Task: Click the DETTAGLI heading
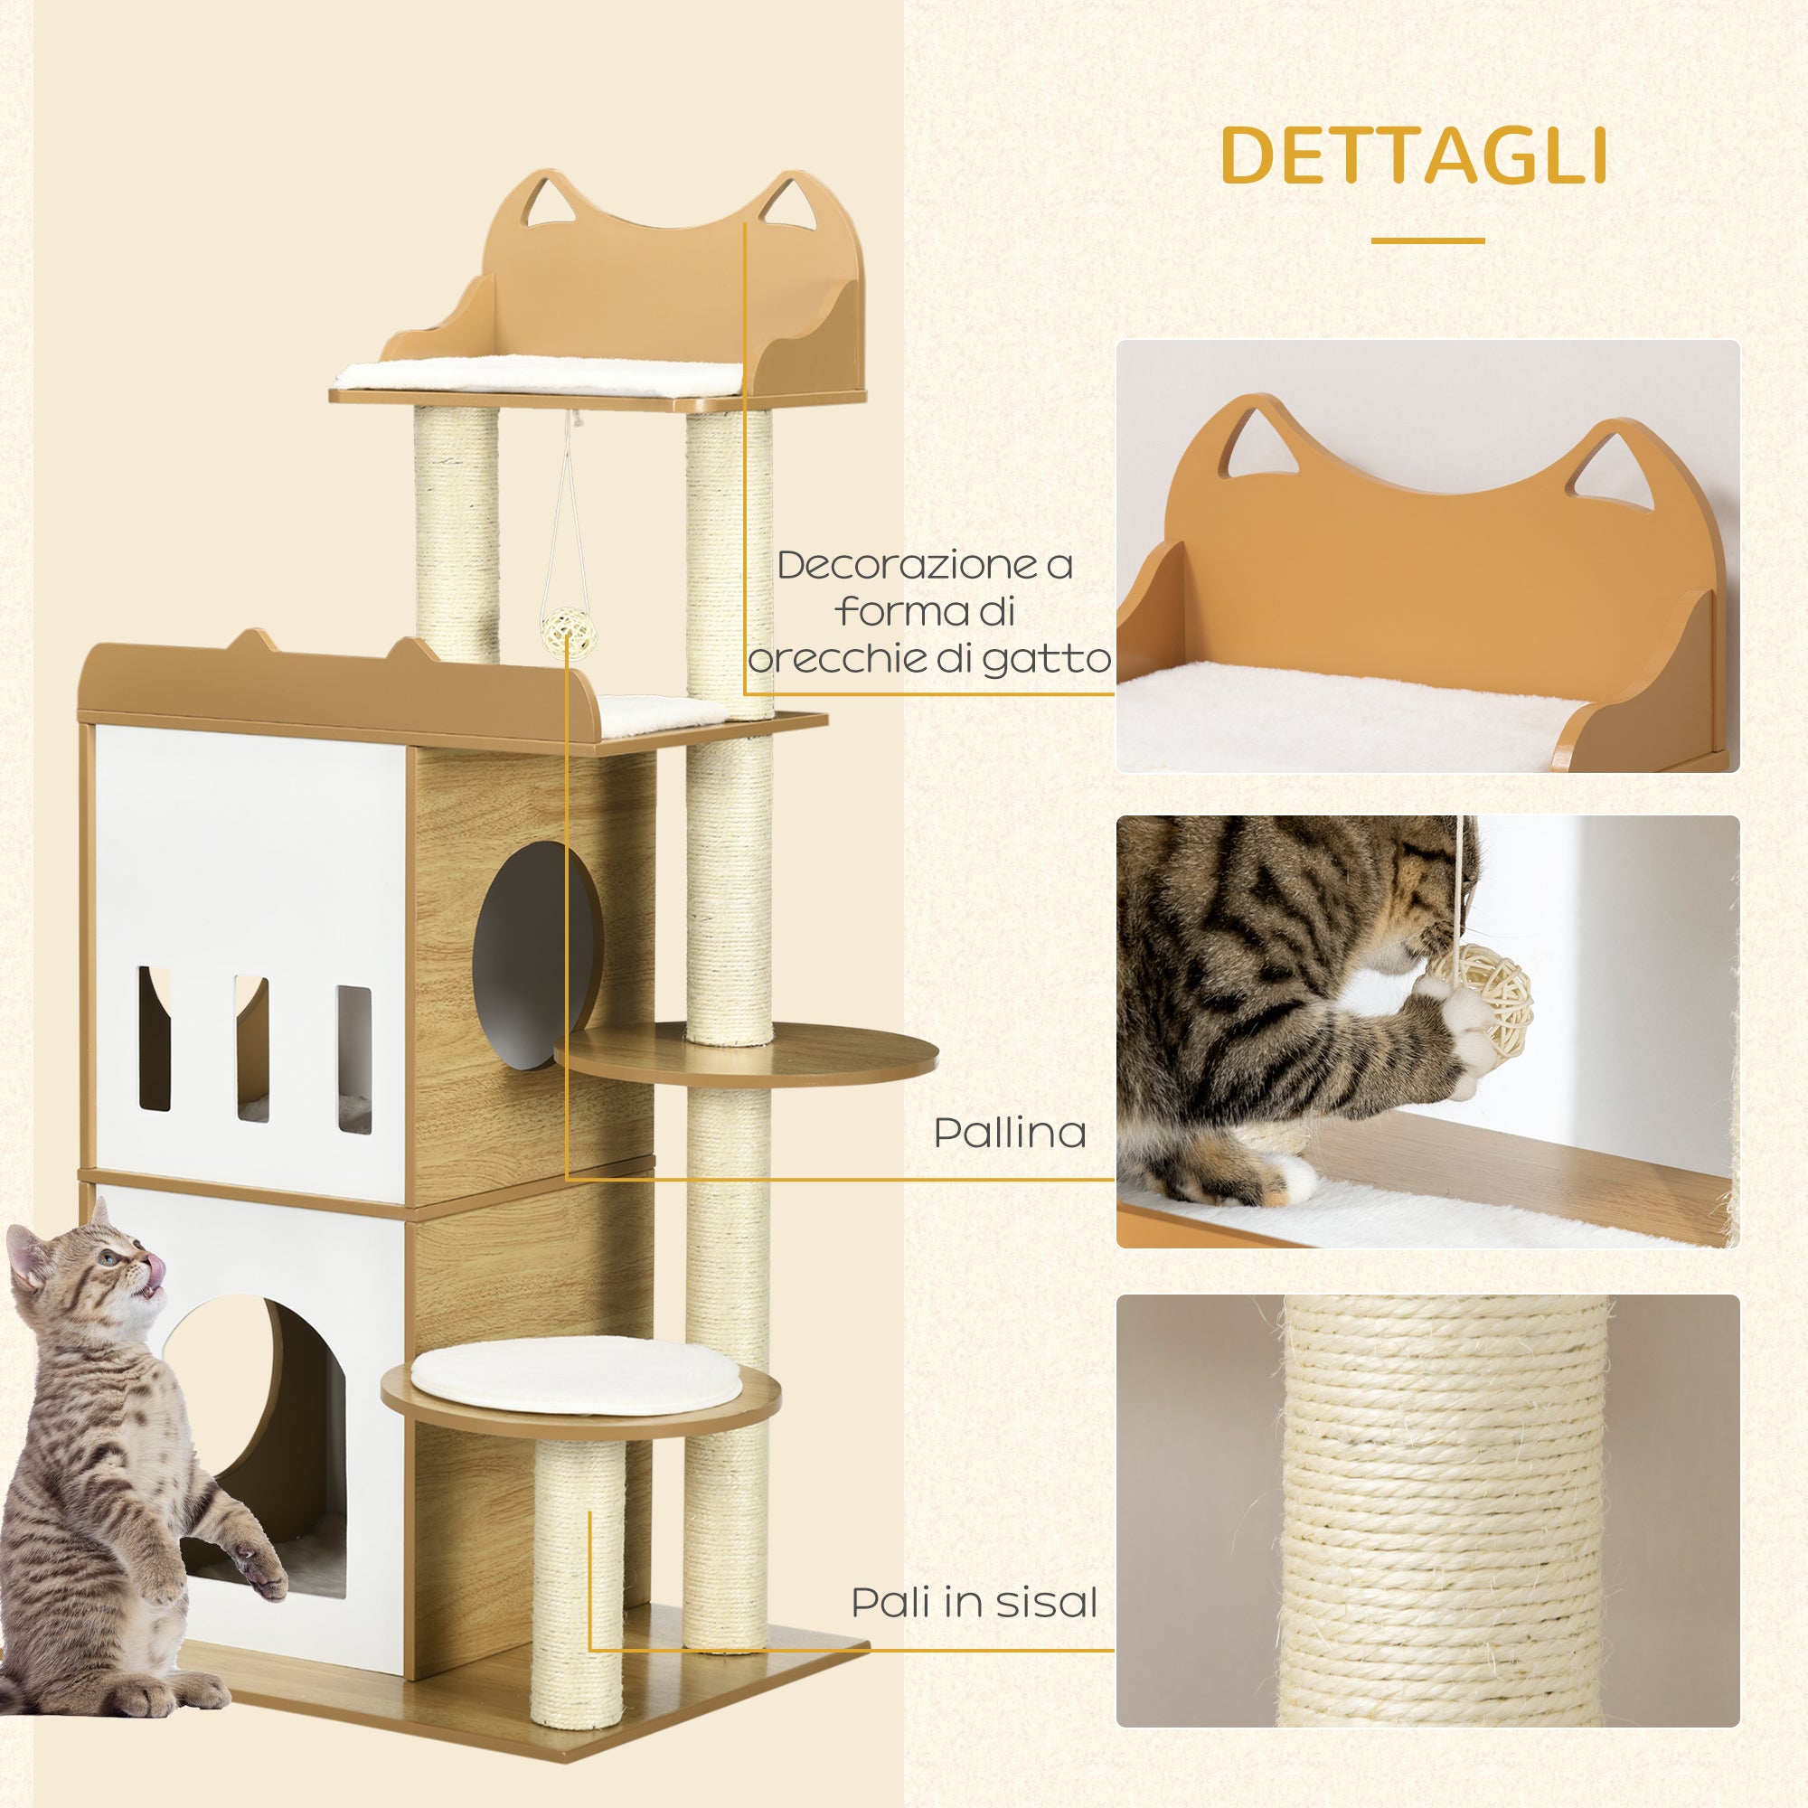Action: (x=1414, y=155)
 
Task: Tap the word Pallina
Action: (x=1010, y=1134)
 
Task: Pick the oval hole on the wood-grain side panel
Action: (x=535, y=955)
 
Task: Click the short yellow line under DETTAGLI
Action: (x=1427, y=240)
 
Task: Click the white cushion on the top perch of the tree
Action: (x=540, y=376)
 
